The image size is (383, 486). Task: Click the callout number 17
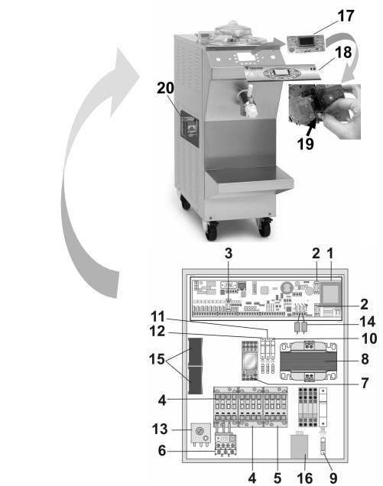click(x=346, y=16)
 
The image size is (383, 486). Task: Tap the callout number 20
click(x=165, y=88)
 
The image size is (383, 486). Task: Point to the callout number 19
click(x=305, y=144)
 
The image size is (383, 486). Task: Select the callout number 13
click(x=160, y=429)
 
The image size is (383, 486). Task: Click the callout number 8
click(x=365, y=359)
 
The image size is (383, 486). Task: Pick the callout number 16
click(x=304, y=478)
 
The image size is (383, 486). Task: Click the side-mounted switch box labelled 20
click(x=190, y=128)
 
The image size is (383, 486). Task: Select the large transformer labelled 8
click(x=309, y=361)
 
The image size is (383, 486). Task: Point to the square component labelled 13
click(x=200, y=433)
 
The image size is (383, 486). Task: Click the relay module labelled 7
click(x=250, y=361)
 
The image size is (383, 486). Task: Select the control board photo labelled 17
click(x=306, y=44)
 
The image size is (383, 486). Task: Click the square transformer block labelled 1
click(x=330, y=292)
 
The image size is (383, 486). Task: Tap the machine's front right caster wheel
click(x=265, y=228)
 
